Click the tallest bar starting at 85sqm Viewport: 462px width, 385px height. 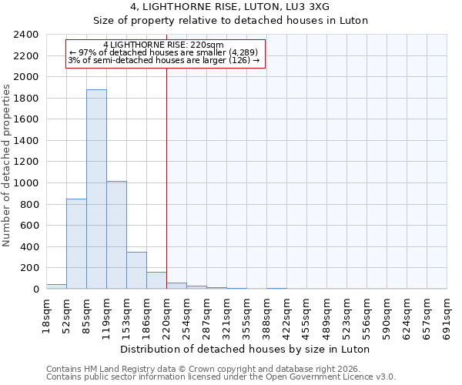[96, 189]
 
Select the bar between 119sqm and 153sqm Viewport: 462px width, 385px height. [116, 235]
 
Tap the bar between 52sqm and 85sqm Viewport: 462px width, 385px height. [76, 243]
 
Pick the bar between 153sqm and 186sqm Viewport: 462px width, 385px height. [136, 270]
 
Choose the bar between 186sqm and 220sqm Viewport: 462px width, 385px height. [156, 280]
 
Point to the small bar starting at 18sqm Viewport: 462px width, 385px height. [56, 286]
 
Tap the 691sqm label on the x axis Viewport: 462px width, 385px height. [447, 314]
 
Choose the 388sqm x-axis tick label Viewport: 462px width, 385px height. [267, 314]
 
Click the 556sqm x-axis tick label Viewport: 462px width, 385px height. [367, 314]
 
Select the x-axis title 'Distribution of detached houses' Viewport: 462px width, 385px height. [246, 349]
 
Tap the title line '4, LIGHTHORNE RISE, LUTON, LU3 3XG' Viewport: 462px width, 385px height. [230, 7]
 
